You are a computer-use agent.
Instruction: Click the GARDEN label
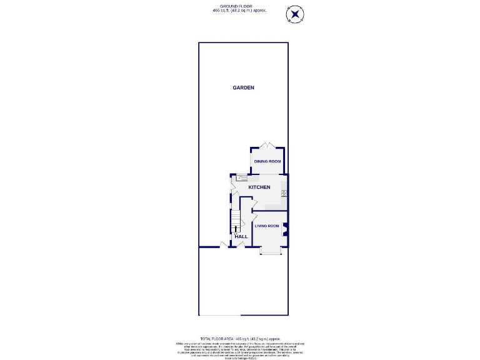tap(243, 88)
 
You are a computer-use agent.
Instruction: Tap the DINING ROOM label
tap(267, 162)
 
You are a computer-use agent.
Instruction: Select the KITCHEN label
tap(259, 187)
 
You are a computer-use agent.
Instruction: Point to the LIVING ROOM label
tap(267, 226)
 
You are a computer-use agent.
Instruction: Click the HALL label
tap(241, 237)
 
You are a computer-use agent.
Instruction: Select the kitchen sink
tap(242, 178)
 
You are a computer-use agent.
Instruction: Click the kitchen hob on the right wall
tap(284, 193)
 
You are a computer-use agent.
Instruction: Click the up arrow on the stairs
tap(236, 231)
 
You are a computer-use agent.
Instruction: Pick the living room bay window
tap(271, 252)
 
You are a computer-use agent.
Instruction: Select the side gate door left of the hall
tap(223, 244)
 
